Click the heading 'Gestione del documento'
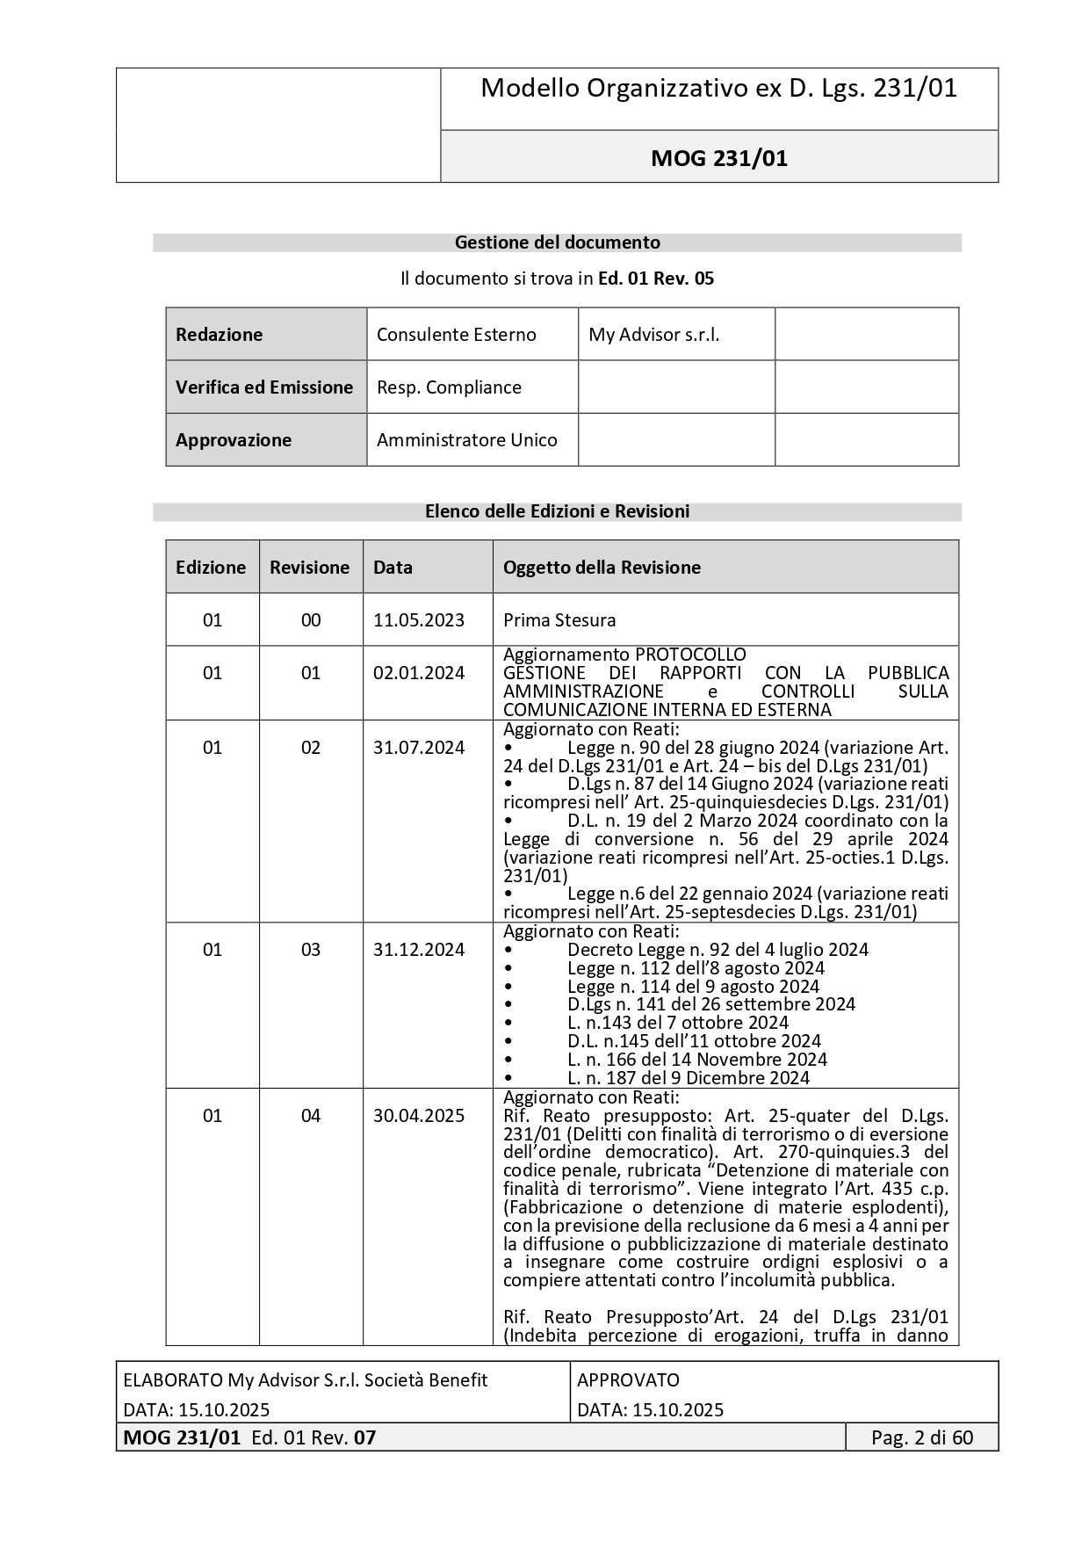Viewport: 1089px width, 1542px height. coord(557,243)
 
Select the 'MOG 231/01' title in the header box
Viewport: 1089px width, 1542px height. coord(718,158)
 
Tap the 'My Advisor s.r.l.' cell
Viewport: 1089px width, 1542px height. coord(653,335)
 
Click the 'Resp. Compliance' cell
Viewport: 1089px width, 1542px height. coord(449,387)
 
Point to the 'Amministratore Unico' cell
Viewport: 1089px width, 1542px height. coord(466,440)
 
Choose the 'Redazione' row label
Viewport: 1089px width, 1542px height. coord(219,335)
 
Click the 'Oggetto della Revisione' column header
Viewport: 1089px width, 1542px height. coord(602,568)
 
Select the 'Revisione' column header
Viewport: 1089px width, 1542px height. coord(309,568)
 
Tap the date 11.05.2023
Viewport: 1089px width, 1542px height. coord(419,620)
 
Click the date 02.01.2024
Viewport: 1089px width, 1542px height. coord(419,673)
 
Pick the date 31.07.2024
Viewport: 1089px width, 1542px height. coord(419,748)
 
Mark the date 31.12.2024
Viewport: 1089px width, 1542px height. coord(419,950)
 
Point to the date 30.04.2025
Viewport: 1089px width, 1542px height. coord(419,1116)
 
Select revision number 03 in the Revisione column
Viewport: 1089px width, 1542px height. coord(311,950)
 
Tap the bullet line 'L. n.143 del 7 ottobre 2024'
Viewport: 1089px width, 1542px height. coord(677,1023)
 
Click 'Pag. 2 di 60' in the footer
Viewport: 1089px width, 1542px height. coord(922,1437)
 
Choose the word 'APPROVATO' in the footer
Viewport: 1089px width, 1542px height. coord(628,1380)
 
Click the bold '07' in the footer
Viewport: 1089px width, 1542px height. coord(364,1437)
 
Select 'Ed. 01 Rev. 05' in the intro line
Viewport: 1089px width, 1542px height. coord(655,279)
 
